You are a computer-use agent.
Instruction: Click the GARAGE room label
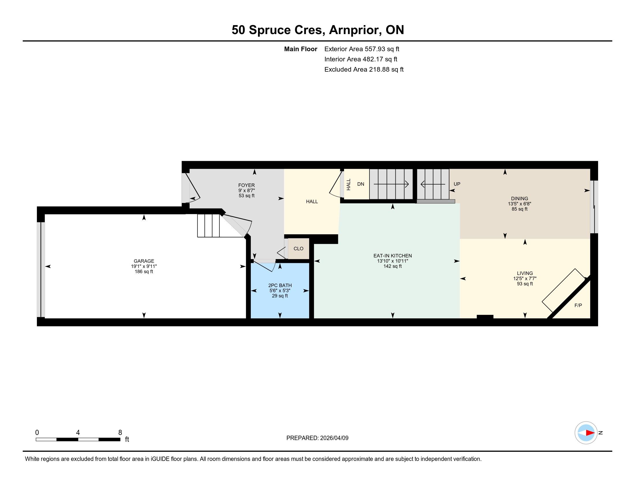click(144, 261)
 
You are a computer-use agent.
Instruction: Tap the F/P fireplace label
click(578, 305)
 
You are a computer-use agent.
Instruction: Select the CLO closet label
click(298, 248)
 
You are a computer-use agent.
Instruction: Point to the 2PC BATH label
click(280, 285)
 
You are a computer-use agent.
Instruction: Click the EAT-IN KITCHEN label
click(393, 256)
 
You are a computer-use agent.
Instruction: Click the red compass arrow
click(590, 433)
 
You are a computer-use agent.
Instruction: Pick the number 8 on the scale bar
click(120, 432)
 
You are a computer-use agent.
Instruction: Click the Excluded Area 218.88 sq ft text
click(364, 70)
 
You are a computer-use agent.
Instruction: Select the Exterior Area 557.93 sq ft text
click(362, 49)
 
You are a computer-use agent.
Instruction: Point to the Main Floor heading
click(300, 49)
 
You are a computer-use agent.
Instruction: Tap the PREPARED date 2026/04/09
click(334, 438)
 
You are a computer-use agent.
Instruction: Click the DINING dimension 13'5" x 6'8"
click(519, 204)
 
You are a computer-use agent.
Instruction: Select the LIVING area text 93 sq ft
click(525, 284)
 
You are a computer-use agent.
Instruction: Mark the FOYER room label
click(246, 185)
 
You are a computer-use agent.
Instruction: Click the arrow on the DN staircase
click(391, 184)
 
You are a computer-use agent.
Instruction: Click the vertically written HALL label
click(348, 185)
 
